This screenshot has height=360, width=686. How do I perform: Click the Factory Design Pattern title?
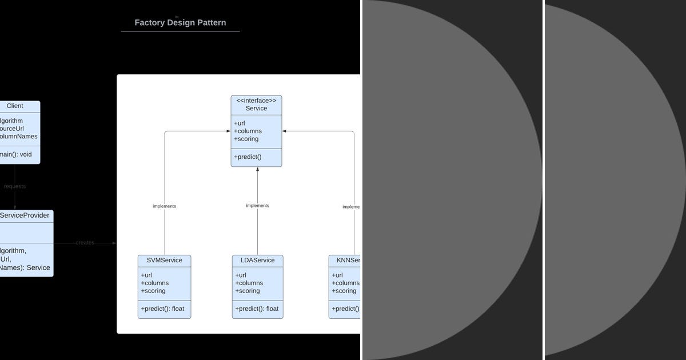point(180,23)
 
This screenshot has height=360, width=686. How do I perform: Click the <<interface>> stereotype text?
point(256,101)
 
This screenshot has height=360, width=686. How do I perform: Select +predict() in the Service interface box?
point(248,157)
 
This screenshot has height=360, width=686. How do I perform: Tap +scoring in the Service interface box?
point(246,139)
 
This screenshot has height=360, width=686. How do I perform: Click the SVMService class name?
point(164,261)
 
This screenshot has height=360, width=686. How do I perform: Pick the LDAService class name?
point(257,261)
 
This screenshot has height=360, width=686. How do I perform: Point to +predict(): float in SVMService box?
point(163,309)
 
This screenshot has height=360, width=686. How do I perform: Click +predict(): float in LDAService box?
point(257,309)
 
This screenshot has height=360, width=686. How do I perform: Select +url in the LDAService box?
point(241,275)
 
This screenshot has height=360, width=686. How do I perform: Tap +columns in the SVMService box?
point(155,283)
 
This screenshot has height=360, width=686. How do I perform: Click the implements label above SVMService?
point(164,206)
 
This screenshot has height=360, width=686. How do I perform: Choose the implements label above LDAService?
point(257,206)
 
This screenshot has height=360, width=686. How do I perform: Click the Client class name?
point(15,106)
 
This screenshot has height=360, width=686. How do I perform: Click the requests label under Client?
point(15,186)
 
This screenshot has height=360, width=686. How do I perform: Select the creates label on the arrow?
point(85,243)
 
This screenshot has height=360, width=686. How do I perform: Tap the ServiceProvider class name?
point(25,215)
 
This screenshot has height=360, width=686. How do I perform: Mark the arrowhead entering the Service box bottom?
point(257,170)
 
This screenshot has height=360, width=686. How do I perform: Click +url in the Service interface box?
point(240,123)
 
